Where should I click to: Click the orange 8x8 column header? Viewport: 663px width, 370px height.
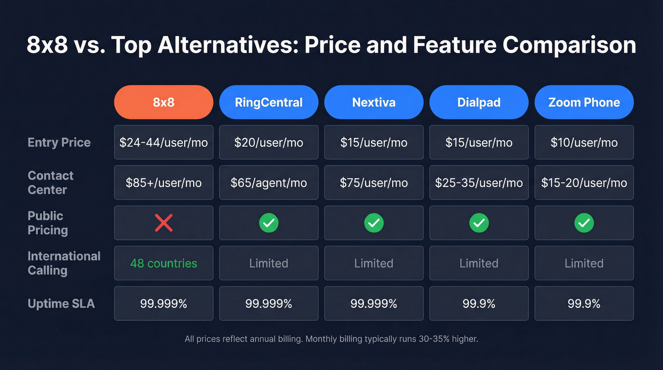click(x=163, y=102)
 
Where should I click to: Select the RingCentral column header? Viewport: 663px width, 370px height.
click(x=269, y=102)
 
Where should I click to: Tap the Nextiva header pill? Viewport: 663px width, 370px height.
click(x=374, y=102)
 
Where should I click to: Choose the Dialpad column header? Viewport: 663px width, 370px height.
click(x=479, y=102)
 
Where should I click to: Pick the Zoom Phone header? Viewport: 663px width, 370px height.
click(x=584, y=102)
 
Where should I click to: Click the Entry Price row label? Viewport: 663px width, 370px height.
click(x=59, y=143)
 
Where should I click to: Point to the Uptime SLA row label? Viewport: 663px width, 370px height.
click(x=61, y=304)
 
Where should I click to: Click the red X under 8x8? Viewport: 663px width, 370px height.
click(x=163, y=223)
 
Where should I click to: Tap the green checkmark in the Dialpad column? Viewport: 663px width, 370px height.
click(x=479, y=223)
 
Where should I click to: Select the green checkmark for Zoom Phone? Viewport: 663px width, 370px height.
click(x=584, y=223)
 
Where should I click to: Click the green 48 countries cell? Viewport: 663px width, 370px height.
click(x=163, y=263)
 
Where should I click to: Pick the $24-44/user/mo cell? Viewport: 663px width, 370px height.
click(x=163, y=143)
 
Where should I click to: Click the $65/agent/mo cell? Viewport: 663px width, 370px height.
click(x=269, y=183)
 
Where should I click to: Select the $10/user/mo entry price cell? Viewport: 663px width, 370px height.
click(x=584, y=143)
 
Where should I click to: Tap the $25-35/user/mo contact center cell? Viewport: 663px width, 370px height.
click(x=479, y=183)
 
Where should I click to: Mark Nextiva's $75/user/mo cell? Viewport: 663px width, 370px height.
click(x=374, y=183)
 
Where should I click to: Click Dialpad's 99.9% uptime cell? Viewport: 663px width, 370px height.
click(x=479, y=304)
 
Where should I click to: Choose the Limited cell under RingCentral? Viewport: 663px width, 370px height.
click(x=269, y=263)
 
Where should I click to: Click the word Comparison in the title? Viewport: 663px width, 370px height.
click(x=569, y=45)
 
